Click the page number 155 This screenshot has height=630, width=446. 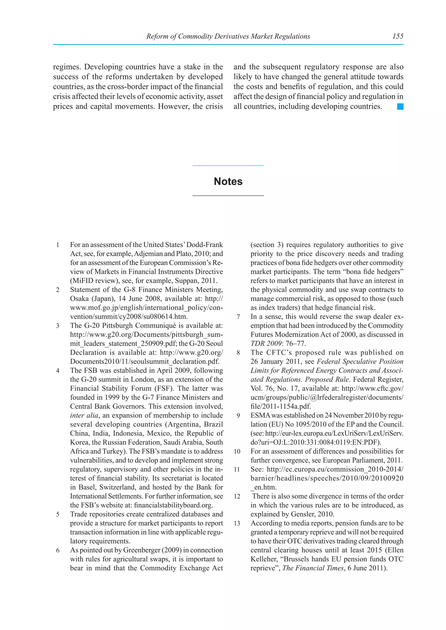398,36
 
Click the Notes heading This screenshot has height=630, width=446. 228,181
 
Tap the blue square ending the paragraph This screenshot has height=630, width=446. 400,106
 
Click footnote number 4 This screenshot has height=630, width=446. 58,371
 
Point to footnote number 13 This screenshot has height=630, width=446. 237,523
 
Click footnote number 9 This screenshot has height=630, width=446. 238,416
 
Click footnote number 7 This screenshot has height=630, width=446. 238,317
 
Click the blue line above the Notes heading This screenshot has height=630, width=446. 228,166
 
